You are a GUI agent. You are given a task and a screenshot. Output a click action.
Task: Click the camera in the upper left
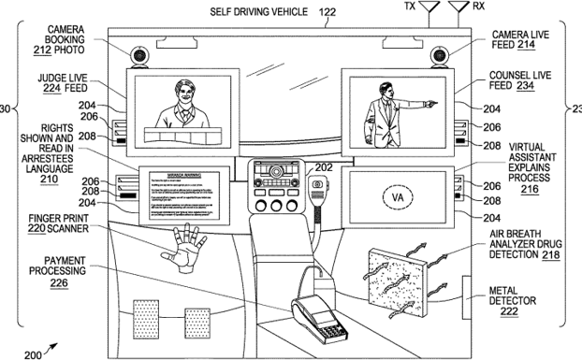click(x=140, y=56)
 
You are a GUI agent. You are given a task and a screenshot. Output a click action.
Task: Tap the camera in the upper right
click(x=439, y=56)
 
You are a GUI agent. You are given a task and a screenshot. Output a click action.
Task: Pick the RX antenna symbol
click(x=459, y=14)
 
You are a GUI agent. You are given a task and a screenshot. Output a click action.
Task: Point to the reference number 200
click(x=32, y=353)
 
